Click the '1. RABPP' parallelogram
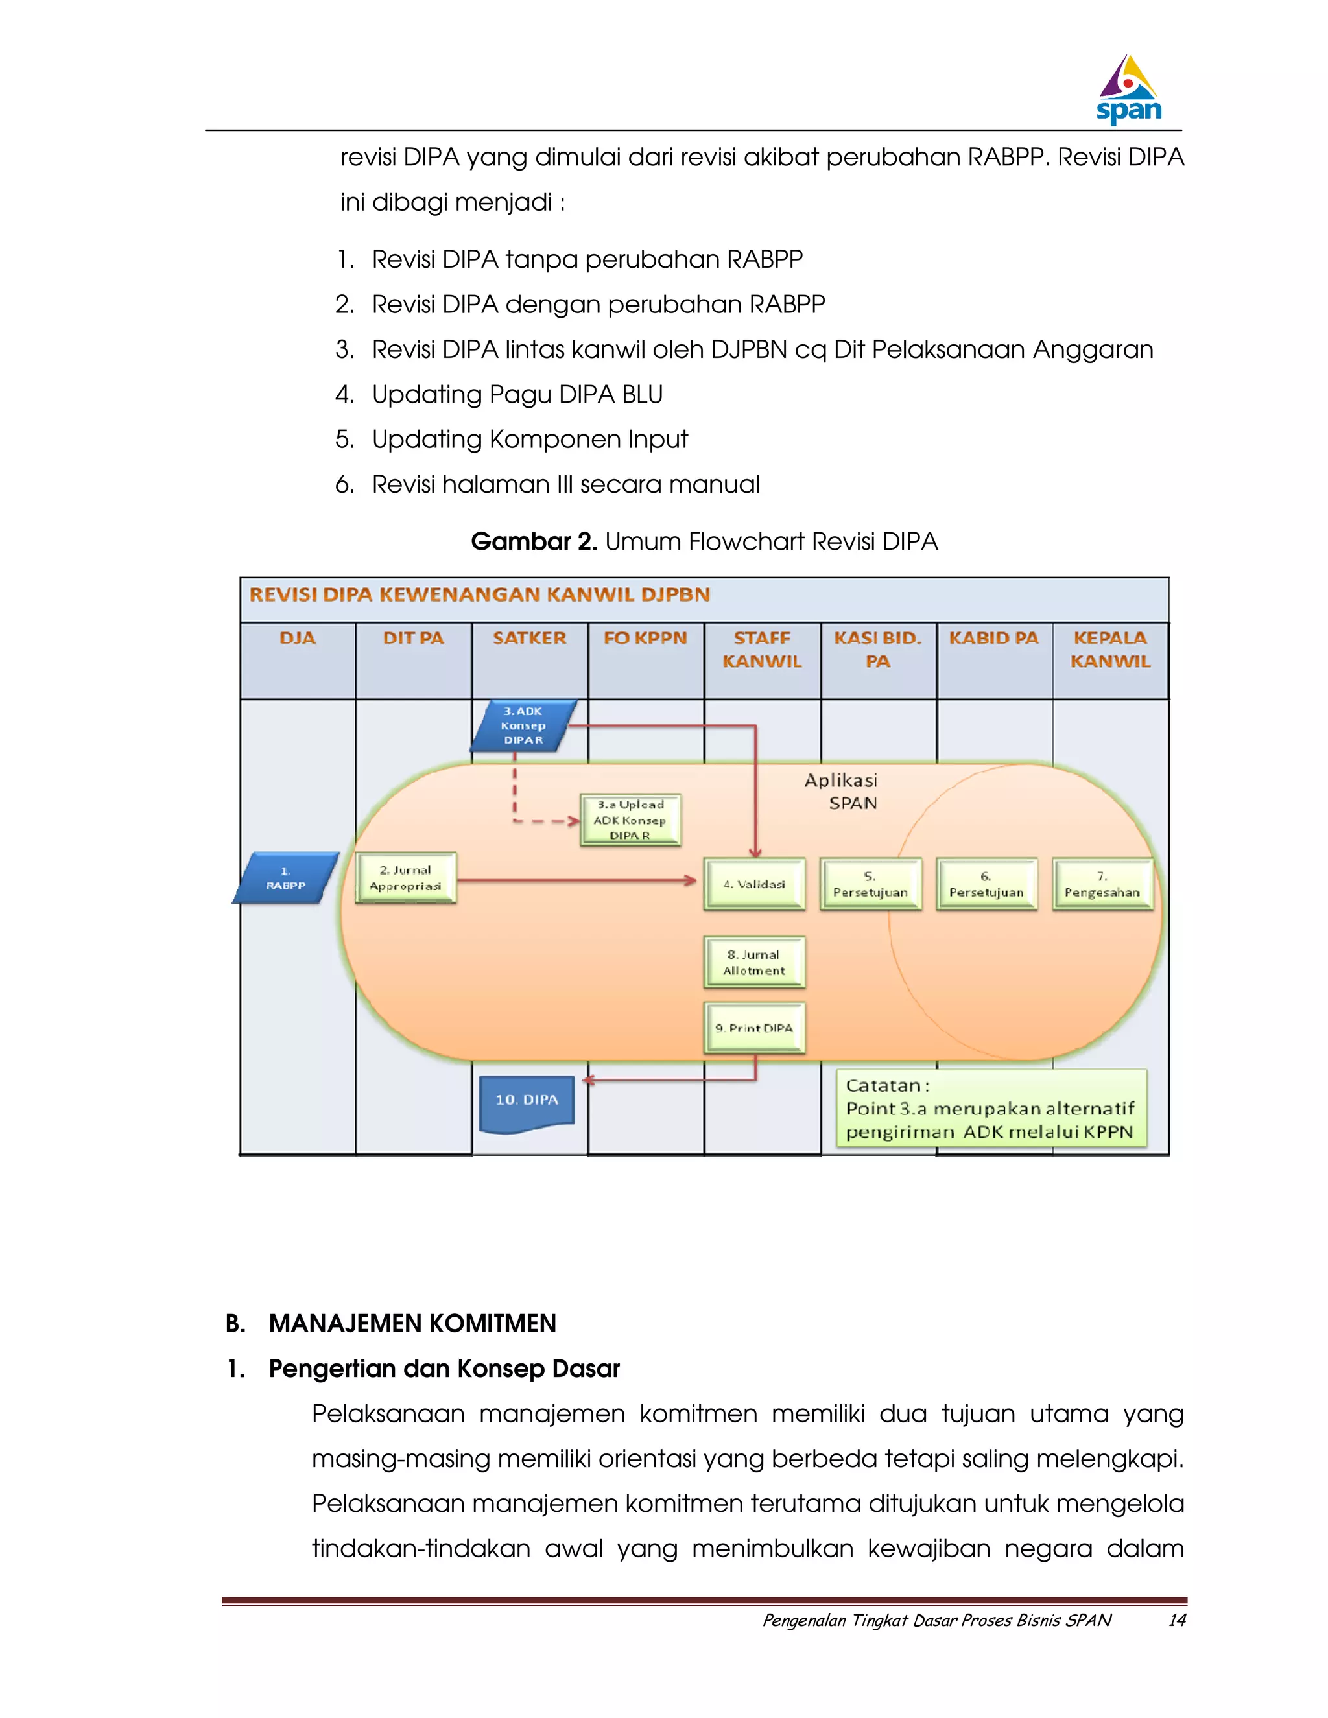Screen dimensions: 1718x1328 pyautogui.click(x=285, y=878)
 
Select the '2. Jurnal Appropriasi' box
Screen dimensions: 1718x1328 pyautogui.click(x=405, y=878)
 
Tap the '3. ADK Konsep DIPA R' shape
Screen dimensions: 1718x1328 pyautogui.click(x=524, y=725)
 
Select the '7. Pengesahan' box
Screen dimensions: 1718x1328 pyautogui.click(x=1102, y=884)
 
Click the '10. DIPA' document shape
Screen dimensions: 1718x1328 pyautogui.click(x=527, y=1102)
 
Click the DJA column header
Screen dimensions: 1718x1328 pyautogui.click(x=298, y=639)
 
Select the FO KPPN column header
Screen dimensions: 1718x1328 pyautogui.click(x=645, y=639)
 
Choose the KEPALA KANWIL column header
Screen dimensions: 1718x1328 pyautogui.click(x=1110, y=650)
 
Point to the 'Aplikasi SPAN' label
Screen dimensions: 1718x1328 pyautogui.click(x=842, y=792)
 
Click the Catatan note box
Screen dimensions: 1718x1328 pyautogui.click(x=991, y=1109)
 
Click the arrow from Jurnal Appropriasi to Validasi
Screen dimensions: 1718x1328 pyautogui.click(x=575, y=880)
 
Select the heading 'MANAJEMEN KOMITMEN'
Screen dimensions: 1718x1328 pyautogui.click(x=412, y=1324)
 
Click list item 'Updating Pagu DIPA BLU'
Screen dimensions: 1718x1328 pyautogui.click(x=517, y=394)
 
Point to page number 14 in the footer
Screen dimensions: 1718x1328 pyautogui.click(x=1176, y=1619)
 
